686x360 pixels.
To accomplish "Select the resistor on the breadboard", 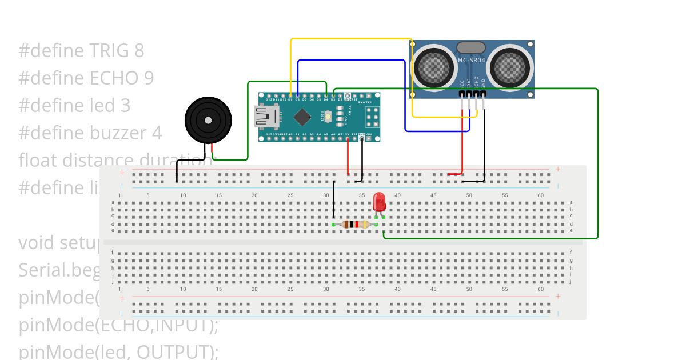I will click(x=355, y=225).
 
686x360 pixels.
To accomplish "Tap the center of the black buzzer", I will click(x=208, y=121).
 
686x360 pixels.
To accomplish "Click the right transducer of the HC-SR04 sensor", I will click(x=510, y=68).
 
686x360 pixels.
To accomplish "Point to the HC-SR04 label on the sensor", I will click(x=472, y=60).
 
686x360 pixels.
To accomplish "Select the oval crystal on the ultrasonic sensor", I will click(x=471, y=47).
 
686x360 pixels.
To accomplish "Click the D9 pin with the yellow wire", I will click(x=290, y=95).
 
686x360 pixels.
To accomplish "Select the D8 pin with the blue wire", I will click(x=297, y=95).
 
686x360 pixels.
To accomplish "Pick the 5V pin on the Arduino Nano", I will click(x=347, y=139).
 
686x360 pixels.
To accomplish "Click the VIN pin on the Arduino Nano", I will click(x=369, y=139).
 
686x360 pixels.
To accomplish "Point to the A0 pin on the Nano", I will click(x=290, y=139).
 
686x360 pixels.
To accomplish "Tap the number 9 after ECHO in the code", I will click(x=148, y=78).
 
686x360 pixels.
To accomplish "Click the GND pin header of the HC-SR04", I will click(x=484, y=94).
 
